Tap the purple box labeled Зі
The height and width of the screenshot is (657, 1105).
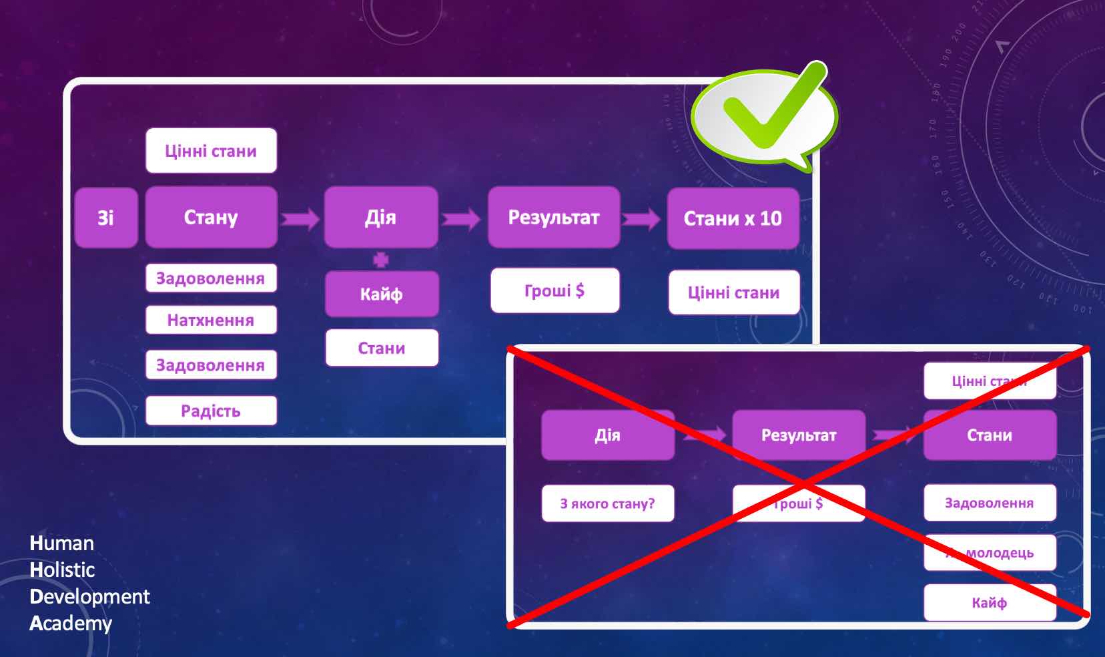106,218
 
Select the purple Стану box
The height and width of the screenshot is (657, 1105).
211,218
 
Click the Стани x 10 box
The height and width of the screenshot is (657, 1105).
733,218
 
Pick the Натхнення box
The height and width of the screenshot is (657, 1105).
211,320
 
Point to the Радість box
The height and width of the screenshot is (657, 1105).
211,411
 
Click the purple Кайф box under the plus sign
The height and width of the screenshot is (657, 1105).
381,294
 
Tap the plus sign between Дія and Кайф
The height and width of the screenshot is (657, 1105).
380,260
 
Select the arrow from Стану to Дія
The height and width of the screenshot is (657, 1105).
300,218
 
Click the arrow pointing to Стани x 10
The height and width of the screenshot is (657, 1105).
642,218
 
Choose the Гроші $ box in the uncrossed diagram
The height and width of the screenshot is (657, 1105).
555,290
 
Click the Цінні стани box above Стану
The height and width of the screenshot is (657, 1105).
211,151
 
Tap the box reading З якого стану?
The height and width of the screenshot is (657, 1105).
607,503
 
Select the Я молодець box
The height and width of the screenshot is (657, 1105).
990,553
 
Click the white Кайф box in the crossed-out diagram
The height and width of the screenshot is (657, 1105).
990,603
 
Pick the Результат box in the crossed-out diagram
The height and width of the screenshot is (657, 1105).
799,435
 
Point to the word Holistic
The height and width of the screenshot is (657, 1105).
63,570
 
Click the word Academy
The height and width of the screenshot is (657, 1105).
71,624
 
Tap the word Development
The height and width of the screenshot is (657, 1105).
90,596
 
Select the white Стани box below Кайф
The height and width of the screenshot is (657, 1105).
382,348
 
